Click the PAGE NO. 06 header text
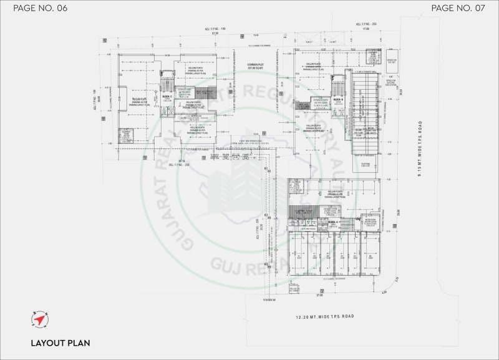tap(40, 8)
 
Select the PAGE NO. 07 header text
tap(458, 8)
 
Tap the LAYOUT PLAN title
tap(61, 343)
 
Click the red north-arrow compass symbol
tap(39, 319)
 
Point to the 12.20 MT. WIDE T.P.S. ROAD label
tap(324, 317)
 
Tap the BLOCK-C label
tap(167, 97)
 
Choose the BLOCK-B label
tap(337, 100)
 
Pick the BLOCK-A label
tap(333, 221)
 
